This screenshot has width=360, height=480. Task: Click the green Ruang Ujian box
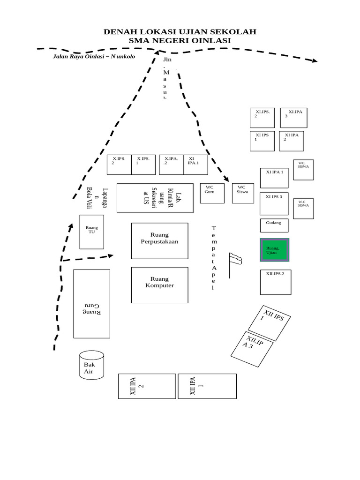275,250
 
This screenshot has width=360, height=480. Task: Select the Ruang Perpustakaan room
159,240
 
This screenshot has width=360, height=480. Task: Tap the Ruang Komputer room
159,285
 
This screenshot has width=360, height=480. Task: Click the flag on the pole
235,258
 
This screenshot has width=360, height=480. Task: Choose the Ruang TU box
91,232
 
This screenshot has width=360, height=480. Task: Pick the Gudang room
274,225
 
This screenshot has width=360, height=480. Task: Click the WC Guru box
212,193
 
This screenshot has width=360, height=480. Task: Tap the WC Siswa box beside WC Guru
243,193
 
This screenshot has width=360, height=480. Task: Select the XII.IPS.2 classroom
275,282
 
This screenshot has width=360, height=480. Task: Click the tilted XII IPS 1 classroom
270,322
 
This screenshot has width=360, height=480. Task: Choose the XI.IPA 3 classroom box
294,118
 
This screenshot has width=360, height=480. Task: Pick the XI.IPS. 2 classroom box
262,118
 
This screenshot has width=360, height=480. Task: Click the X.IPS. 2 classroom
119,165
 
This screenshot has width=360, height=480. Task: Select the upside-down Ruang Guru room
91,303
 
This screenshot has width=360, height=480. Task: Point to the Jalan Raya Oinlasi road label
94,57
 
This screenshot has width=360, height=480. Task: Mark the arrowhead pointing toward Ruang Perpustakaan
110,255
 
